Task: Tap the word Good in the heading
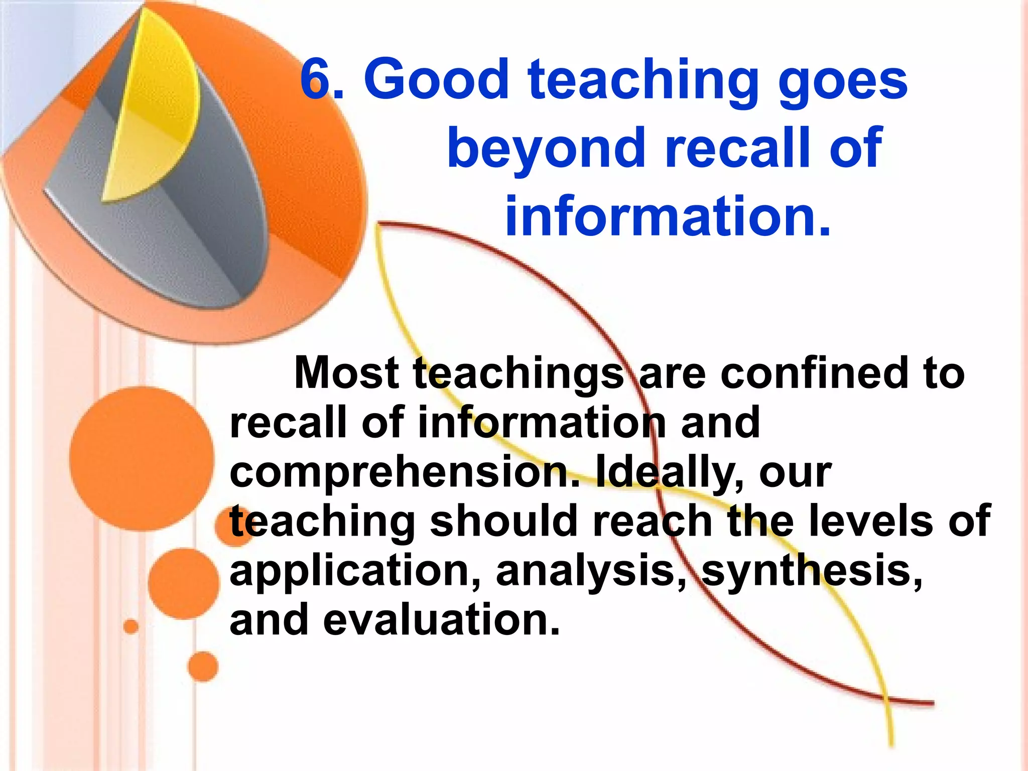coord(437,79)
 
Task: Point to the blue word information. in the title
coord(668,216)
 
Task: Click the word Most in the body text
coord(346,372)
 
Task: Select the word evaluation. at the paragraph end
coord(441,620)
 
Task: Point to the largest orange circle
coord(142,459)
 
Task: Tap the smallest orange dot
coord(131,627)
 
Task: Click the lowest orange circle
coord(203,667)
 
